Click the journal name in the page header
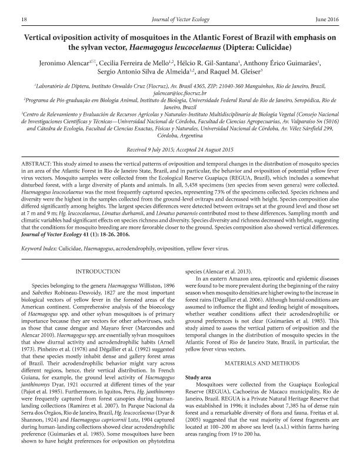click(x=181, y=19)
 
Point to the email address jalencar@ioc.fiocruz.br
click(x=179, y=93)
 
